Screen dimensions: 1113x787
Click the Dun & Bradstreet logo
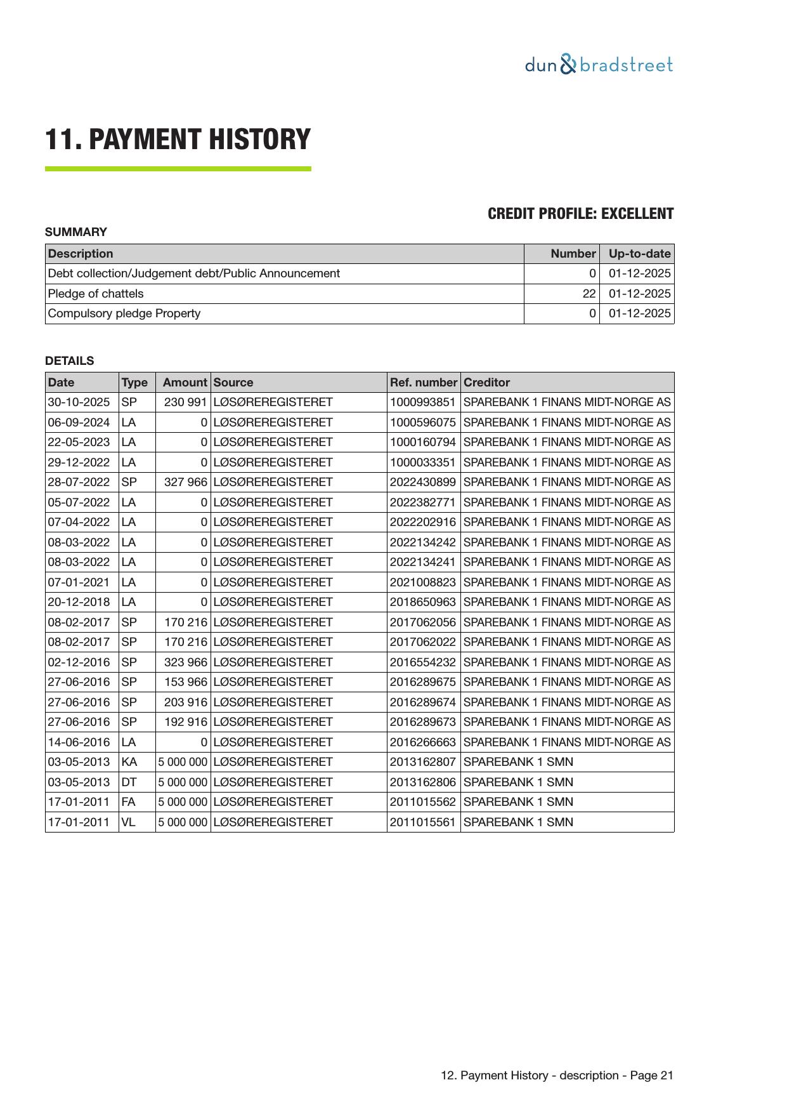click(x=599, y=65)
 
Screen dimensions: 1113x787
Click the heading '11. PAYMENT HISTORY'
click(x=178, y=140)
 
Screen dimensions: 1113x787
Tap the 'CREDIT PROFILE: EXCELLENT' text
click(x=580, y=214)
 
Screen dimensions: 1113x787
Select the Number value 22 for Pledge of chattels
click(x=589, y=294)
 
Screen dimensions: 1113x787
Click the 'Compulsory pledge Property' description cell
click(x=124, y=313)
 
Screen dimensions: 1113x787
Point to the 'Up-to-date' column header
click(x=639, y=254)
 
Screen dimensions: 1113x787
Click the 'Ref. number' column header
click(x=423, y=383)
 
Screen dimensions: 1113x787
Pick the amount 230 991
click(x=186, y=402)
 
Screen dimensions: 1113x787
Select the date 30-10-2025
click(x=79, y=402)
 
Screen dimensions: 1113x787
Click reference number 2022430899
click(x=422, y=482)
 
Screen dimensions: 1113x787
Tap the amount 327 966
click(x=186, y=482)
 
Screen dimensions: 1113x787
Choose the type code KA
click(x=129, y=762)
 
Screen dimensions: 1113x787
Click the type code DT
click(x=129, y=782)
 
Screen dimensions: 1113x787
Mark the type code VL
click(x=128, y=822)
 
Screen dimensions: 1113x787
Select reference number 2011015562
click(x=422, y=802)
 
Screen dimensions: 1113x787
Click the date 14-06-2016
click(x=79, y=742)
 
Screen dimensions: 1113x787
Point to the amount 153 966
click(x=186, y=682)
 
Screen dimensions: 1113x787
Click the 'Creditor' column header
click(x=486, y=383)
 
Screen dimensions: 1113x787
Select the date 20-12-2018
click(x=79, y=602)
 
